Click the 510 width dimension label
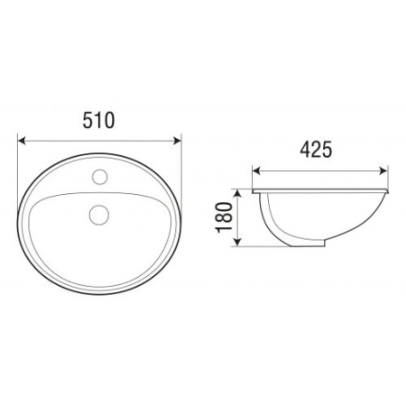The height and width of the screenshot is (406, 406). coord(98,120)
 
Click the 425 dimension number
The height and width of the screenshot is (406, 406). coord(316,150)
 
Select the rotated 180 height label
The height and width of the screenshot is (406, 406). coord(225,217)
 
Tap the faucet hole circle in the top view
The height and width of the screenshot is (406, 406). coord(100,177)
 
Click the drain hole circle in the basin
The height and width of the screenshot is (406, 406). coord(99,215)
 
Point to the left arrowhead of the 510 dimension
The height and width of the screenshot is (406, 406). coord(22,141)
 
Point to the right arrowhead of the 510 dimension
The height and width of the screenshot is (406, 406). coord(178,141)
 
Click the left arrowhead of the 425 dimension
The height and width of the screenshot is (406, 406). coord(256,171)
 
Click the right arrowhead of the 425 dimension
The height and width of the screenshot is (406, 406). coord(383,171)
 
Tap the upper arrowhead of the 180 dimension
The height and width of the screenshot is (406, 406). coord(237,193)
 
